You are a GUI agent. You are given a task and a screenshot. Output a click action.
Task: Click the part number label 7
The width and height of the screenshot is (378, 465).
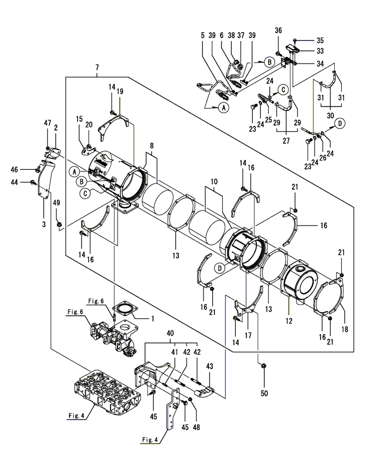point(97,67)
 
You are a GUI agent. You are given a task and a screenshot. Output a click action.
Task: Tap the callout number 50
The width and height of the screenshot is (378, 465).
point(264,393)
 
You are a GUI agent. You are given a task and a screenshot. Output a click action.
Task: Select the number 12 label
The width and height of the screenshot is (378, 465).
point(289,320)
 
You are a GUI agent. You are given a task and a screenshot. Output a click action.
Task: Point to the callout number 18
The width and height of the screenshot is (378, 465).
point(345,329)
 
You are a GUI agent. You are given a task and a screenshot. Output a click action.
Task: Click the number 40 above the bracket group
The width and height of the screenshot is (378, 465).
point(170,333)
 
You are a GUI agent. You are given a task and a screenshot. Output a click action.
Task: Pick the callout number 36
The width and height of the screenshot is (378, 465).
point(278,30)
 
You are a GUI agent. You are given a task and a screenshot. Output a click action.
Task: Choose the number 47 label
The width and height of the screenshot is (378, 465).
point(48,123)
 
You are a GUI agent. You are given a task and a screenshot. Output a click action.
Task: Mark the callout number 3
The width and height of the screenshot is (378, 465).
point(44,224)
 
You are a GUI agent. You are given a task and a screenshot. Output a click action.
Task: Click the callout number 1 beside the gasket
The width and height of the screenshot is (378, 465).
point(153,319)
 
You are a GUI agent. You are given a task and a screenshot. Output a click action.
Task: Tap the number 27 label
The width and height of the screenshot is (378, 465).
point(286,140)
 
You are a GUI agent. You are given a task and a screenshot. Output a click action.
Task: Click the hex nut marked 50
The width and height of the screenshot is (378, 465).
point(263,366)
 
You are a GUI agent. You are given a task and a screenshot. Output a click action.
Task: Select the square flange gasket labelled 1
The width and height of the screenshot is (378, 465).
point(124,308)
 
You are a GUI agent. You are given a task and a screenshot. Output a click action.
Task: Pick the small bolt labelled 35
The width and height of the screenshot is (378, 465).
point(295,40)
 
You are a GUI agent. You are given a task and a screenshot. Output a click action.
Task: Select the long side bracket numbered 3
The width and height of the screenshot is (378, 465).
point(45,179)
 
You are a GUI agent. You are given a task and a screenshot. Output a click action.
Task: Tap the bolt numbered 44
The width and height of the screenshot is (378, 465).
point(33,182)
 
